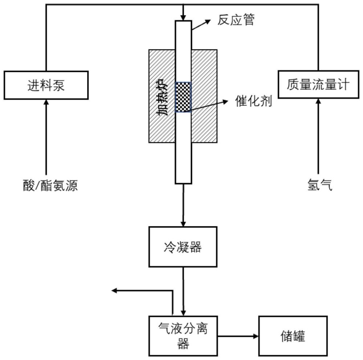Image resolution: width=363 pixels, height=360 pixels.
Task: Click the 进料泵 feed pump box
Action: (x=46, y=85)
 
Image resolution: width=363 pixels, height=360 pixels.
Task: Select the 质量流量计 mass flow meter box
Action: (x=318, y=85)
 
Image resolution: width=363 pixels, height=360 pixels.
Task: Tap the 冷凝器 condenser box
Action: (x=183, y=247)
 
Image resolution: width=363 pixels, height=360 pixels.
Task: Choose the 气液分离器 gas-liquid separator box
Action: (x=183, y=336)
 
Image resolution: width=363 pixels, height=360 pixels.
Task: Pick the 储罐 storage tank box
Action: (x=293, y=336)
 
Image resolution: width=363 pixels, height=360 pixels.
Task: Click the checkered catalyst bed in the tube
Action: (x=183, y=97)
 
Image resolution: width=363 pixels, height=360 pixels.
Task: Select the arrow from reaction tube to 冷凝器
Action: (x=183, y=205)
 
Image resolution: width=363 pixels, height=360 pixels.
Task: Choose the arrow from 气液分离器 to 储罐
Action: (x=238, y=336)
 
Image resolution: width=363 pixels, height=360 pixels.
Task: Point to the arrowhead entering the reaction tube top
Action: (x=183, y=17)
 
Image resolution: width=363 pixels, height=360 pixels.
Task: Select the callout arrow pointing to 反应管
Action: (x=201, y=25)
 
